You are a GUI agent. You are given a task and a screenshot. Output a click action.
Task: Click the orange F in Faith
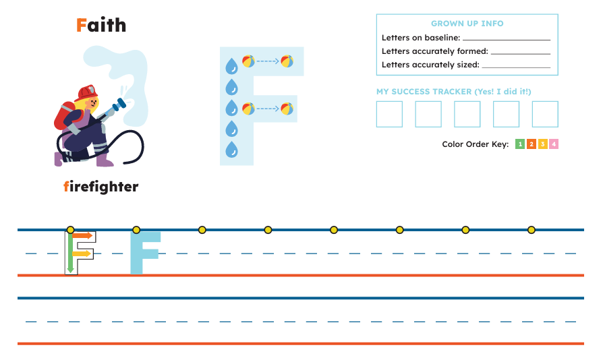pos(81,26)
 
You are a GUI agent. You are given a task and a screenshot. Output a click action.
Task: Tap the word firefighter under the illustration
pos(100,187)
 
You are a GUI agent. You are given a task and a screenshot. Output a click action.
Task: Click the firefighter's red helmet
pos(86,92)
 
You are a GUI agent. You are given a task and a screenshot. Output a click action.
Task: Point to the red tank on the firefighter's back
pos(63,116)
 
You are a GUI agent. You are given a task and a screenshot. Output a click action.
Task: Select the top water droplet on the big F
pos(231,65)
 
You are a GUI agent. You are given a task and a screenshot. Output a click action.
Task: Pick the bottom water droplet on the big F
pos(231,149)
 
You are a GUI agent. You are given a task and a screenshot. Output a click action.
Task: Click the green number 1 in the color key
pos(520,144)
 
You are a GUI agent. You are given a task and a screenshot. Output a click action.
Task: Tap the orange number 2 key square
pos(532,144)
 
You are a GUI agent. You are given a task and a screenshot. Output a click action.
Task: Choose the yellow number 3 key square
pos(542,144)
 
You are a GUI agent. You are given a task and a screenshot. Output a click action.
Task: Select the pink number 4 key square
pos(554,144)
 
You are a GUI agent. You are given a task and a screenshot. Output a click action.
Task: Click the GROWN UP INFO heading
pos(467,24)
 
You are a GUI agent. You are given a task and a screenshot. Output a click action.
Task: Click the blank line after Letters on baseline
pos(507,40)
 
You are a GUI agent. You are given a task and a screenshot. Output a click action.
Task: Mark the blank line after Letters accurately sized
pos(516,67)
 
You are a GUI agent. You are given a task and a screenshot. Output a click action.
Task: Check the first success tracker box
pos(389,114)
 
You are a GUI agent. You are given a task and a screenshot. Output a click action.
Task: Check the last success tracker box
pos(545,114)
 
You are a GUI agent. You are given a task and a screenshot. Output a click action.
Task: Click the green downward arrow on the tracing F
pos(70,252)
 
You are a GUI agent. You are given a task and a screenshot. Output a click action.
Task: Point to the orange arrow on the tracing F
pos(83,235)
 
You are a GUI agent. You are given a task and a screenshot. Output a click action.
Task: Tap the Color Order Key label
pos(476,144)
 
